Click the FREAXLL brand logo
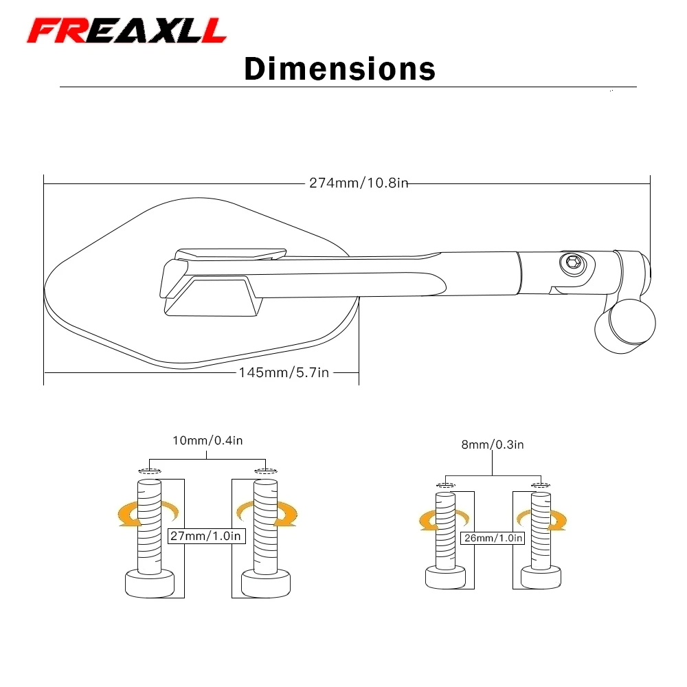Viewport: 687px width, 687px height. click(x=126, y=31)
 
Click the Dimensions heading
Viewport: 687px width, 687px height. click(x=339, y=69)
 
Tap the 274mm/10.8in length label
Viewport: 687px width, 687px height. click(x=359, y=183)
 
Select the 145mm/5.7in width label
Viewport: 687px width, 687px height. click(x=284, y=372)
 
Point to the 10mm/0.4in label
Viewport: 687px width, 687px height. click(x=207, y=440)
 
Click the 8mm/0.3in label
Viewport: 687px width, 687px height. click(x=493, y=444)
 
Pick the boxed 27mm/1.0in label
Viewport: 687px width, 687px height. click(x=206, y=536)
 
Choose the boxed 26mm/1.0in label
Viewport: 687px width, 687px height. click(x=493, y=538)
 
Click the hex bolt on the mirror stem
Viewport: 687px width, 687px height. click(x=573, y=264)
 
